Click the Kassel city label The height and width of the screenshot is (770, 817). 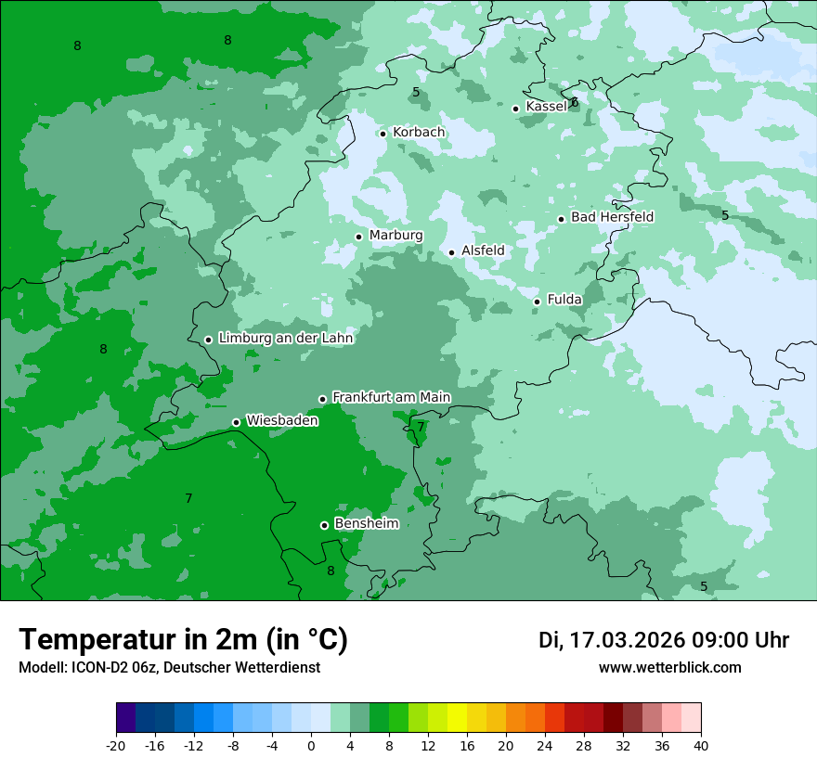point(546,107)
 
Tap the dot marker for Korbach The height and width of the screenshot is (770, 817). point(383,134)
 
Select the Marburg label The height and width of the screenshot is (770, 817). point(396,236)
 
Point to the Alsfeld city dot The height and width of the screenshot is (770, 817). point(452,252)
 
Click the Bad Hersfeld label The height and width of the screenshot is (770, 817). point(612,217)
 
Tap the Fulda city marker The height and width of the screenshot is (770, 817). point(537,302)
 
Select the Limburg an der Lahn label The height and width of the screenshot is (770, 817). point(285,339)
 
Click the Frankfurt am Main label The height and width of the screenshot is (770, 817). point(391,397)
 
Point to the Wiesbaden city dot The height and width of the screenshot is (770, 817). point(236,422)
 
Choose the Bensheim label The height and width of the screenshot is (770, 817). point(366,523)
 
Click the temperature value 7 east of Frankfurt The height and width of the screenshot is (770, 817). point(421,427)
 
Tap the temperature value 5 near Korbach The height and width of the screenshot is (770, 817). point(416,92)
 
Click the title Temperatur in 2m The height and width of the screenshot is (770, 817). point(183,639)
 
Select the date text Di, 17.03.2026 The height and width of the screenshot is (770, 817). point(611,640)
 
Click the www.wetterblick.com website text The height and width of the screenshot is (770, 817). point(669,667)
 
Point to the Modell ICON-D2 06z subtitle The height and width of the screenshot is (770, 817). point(169,667)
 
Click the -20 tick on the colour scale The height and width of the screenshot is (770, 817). point(116,745)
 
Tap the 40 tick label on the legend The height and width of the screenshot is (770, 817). point(700,745)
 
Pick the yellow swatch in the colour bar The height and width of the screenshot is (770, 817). point(457,718)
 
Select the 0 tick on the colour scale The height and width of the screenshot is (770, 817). point(311,745)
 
